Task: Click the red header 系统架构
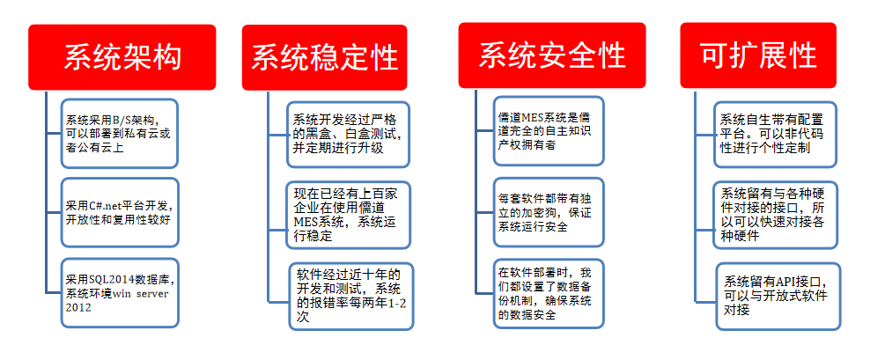[x=122, y=56]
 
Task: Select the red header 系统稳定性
[x=325, y=57]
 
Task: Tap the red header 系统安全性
[x=551, y=55]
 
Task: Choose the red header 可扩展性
[x=758, y=55]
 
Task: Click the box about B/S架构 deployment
[x=119, y=133]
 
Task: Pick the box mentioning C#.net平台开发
[x=120, y=212]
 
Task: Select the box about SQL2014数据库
[x=120, y=292]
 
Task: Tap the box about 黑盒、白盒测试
[x=349, y=134]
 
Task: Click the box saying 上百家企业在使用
[x=349, y=215]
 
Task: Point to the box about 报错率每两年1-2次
[x=351, y=297]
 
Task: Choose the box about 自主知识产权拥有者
[x=549, y=131]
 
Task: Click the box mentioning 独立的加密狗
[x=549, y=212]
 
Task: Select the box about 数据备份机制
[x=549, y=294]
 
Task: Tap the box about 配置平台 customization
[x=775, y=135]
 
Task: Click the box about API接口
[x=778, y=297]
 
